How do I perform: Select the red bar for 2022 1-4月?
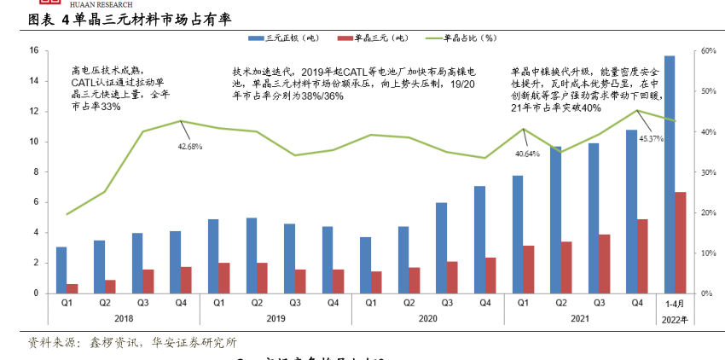coord(680,242)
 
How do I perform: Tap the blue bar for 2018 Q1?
coord(61,270)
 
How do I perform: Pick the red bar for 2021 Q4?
coord(643,256)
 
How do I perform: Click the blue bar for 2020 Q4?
coord(480,240)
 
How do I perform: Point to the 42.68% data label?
coord(189,147)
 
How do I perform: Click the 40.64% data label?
coord(527,154)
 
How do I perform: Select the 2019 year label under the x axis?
coord(275,317)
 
